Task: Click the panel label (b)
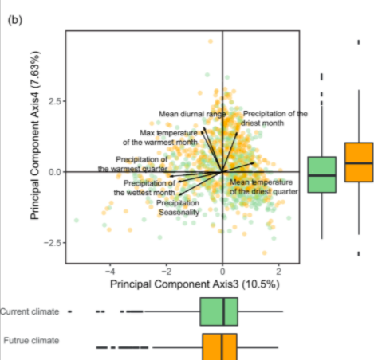click(15, 20)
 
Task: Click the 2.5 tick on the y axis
click(55, 101)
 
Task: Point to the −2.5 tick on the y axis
click(53, 243)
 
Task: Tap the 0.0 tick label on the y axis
click(55, 172)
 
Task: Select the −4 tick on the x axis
click(110, 272)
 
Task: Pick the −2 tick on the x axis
click(166, 272)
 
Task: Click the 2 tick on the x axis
click(278, 272)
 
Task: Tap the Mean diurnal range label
click(192, 114)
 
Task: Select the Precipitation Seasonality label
click(178, 208)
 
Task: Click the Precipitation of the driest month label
click(274, 119)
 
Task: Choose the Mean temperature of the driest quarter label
click(264, 187)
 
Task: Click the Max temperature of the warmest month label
click(160, 138)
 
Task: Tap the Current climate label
click(30, 311)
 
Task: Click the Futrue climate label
click(31, 340)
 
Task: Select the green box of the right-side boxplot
click(322, 174)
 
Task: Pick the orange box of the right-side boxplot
click(359, 162)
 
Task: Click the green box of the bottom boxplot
click(219, 311)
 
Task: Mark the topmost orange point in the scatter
click(211, 41)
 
